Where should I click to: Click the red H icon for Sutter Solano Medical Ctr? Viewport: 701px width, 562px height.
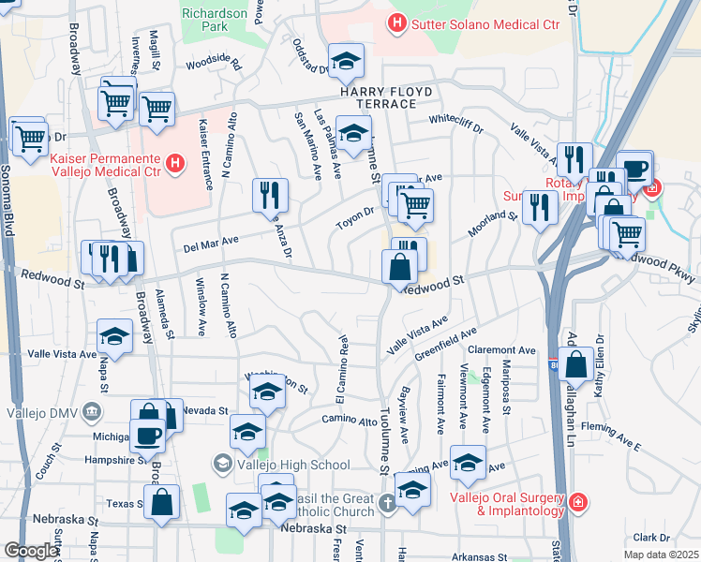(x=397, y=22)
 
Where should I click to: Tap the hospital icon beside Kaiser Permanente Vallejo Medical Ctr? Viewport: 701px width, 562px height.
(x=174, y=165)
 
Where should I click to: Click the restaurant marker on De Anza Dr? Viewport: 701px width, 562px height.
(x=270, y=195)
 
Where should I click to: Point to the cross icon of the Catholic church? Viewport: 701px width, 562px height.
(x=388, y=504)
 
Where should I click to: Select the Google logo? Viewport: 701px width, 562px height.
(x=31, y=551)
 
